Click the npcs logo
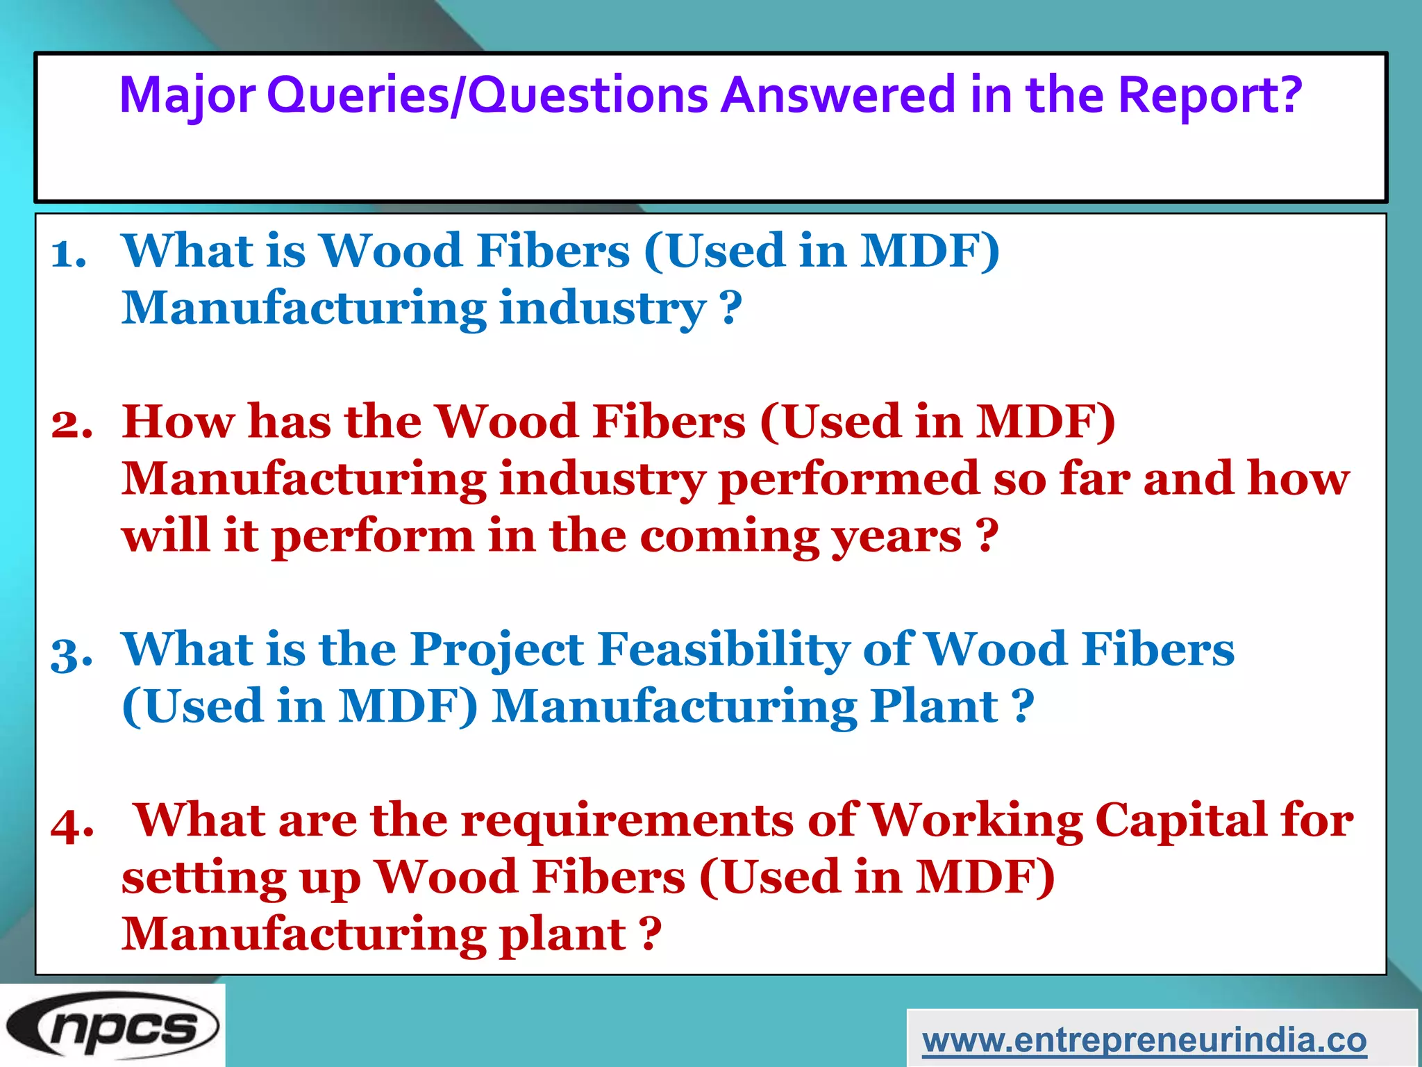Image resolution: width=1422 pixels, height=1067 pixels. [x=112, y=1027]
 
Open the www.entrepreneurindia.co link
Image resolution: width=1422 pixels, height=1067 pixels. [x=1144, y=1040]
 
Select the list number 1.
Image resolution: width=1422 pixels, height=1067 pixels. [x=69, y=253]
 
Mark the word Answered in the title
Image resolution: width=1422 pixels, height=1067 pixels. [x=838, y=95]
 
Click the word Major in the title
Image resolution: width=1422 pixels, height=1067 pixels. [x=187, y=95]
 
